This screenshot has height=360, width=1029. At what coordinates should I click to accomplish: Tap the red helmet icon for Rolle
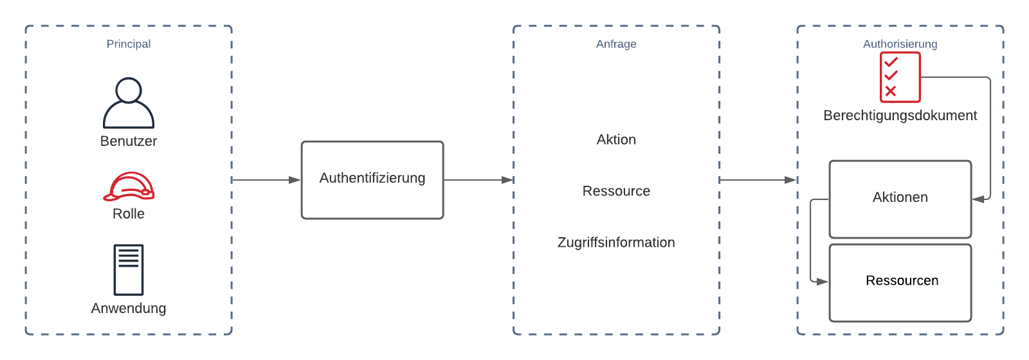point(129,186)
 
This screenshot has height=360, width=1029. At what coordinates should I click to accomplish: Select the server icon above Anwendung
point(129,269)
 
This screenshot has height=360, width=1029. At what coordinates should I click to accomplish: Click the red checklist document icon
point(900,77)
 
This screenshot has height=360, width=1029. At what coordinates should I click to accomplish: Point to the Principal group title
point(129,44)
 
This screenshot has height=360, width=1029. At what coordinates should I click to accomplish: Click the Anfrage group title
point(616,44)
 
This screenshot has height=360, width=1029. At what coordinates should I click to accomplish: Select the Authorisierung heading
point(900,44)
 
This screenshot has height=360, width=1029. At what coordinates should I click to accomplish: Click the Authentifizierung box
point(372,180)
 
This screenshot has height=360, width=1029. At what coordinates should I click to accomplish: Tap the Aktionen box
point(900,199)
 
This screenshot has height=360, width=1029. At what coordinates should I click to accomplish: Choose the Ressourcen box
point(900,283)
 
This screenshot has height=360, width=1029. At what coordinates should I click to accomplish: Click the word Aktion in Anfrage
point(616,139)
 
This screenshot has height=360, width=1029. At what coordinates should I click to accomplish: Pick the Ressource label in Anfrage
point(616,191)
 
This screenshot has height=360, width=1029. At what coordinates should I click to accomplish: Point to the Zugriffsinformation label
point(616,242)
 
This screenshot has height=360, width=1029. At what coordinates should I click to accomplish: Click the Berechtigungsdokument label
point(900,116)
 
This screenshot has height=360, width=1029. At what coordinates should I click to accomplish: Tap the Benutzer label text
point(129,141)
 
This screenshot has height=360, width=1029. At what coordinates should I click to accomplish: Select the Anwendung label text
point(129,308)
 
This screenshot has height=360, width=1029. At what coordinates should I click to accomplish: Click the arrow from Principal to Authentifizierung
point(266,180)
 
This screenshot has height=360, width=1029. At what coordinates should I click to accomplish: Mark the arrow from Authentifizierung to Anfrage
point(478,180)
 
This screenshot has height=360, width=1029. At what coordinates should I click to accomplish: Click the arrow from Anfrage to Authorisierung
point(758,180)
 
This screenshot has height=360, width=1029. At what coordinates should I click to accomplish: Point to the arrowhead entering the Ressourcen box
point(823,282)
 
